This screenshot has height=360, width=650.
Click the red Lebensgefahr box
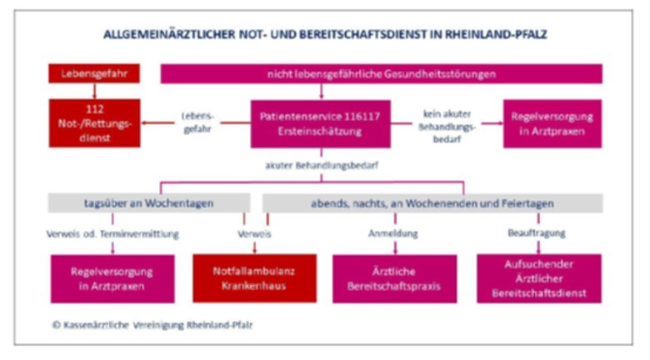click(x=93, y=73)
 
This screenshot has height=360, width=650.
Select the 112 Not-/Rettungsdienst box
click(x=93, y=122)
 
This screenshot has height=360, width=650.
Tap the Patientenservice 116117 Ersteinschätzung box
click(x=320, y=122)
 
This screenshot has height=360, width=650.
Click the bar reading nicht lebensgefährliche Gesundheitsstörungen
click(x=381, y=73)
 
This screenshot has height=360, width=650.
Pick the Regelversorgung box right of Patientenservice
click(x=552, y=122)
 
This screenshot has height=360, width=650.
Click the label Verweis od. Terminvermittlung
click(x=113, y=234)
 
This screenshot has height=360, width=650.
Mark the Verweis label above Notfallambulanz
click(x=254, y=234)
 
